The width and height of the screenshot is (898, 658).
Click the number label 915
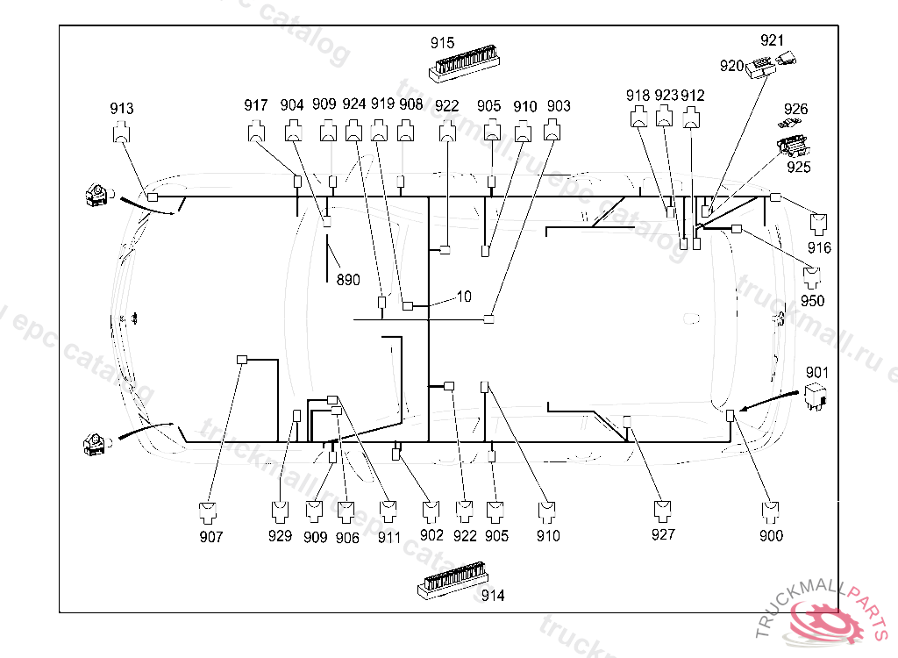click(x=443, y=42)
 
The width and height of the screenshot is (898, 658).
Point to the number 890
click(x=348, y=280)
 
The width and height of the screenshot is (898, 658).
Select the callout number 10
click(x=464, y=297)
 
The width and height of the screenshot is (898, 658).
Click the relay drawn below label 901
click(x=817, y=397)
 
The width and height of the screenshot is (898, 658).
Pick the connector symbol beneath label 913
click(x=122, y=134)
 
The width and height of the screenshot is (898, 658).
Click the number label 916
click(x=820, y=248)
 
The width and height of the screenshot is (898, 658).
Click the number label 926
click(x=796, y=109)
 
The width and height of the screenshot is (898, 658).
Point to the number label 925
click(x=798, y=167)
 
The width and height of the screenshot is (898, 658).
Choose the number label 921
click(x=773, y=40)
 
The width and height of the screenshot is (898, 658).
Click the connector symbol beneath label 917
click(x=256, y=132)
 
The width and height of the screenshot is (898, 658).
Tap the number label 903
click(x=559, y=106)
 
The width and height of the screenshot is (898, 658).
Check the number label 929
click(x=280, y=535)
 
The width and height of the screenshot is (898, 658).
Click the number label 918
click(x=638, y=95)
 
